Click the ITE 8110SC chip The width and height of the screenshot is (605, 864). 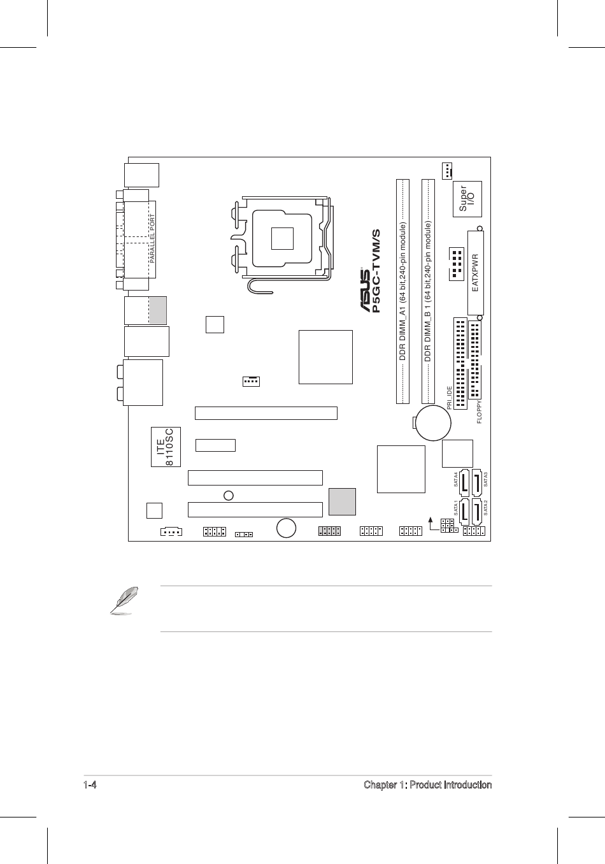pyautogui.click(x=166, y=447)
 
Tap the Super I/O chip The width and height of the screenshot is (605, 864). pyautogui.click(x=467, y=199)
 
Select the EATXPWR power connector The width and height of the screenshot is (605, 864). pyautogui.click(x=475, y=273)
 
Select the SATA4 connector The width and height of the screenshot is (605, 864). pyautogui.click(x=462, y=483)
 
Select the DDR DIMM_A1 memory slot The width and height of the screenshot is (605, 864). pyautogui.click(x=402, y=291)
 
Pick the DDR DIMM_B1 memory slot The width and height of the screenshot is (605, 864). pyautogui.click(x=429, y=291)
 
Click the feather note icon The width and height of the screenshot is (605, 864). pyautogui.click(x=121, y=602)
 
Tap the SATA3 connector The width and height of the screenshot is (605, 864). pyautogui.click(x=477, y=483)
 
